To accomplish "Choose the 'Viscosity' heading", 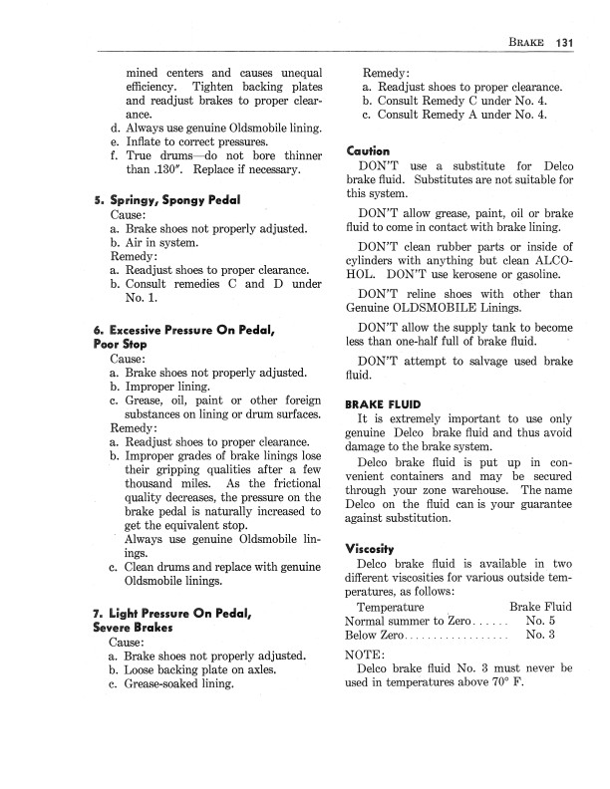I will [371, 548].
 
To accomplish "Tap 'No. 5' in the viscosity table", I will [541, 621].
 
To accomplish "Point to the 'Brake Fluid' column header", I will [540, 606].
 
